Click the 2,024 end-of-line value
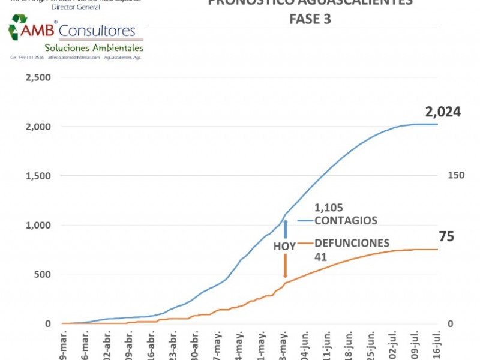(443, 112)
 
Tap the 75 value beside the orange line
(446, 236)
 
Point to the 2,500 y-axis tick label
(38, 77)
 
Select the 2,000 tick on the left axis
(38, 127)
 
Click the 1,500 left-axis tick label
(38, 176)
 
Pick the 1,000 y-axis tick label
(38, 225)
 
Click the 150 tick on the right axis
(456, 175)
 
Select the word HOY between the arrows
(284, 246)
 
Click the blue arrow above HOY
(286, 229)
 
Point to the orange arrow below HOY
(286, 266)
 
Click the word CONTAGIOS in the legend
(346, 220)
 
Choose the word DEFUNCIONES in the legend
(352, 243)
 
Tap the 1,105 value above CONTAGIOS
(329, 208)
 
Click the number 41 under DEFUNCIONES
(320, 256)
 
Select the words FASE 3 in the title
(310, 19)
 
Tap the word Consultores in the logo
(97, 31)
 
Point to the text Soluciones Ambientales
(94, 47)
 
